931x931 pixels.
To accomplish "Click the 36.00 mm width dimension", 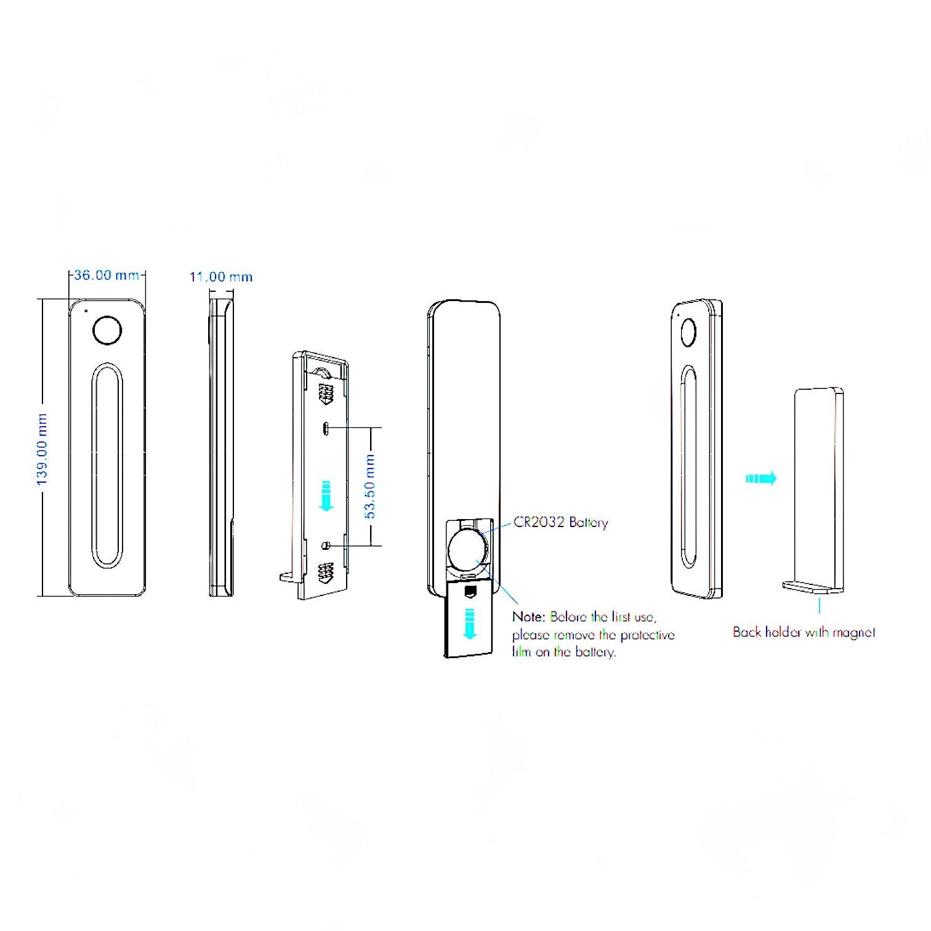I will pos(107,275).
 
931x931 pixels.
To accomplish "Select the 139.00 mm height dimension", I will pos(42,449).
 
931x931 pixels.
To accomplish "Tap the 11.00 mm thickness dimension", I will pos(220,277).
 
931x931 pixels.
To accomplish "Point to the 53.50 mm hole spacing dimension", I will pos(370,486).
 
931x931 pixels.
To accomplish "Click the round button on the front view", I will pos(107,330).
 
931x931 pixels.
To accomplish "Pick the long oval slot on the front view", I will pos(107,465).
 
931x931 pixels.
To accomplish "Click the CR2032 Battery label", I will pos(560,523).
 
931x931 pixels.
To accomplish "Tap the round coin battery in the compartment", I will pos(467,549).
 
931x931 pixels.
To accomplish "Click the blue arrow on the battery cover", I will pos(469,622).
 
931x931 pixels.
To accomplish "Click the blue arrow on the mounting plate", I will pos(326,494).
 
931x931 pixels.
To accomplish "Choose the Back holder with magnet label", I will pos(804,632).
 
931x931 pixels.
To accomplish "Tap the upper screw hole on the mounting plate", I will pos(326,427).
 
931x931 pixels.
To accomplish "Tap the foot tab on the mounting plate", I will pos(288,577).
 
